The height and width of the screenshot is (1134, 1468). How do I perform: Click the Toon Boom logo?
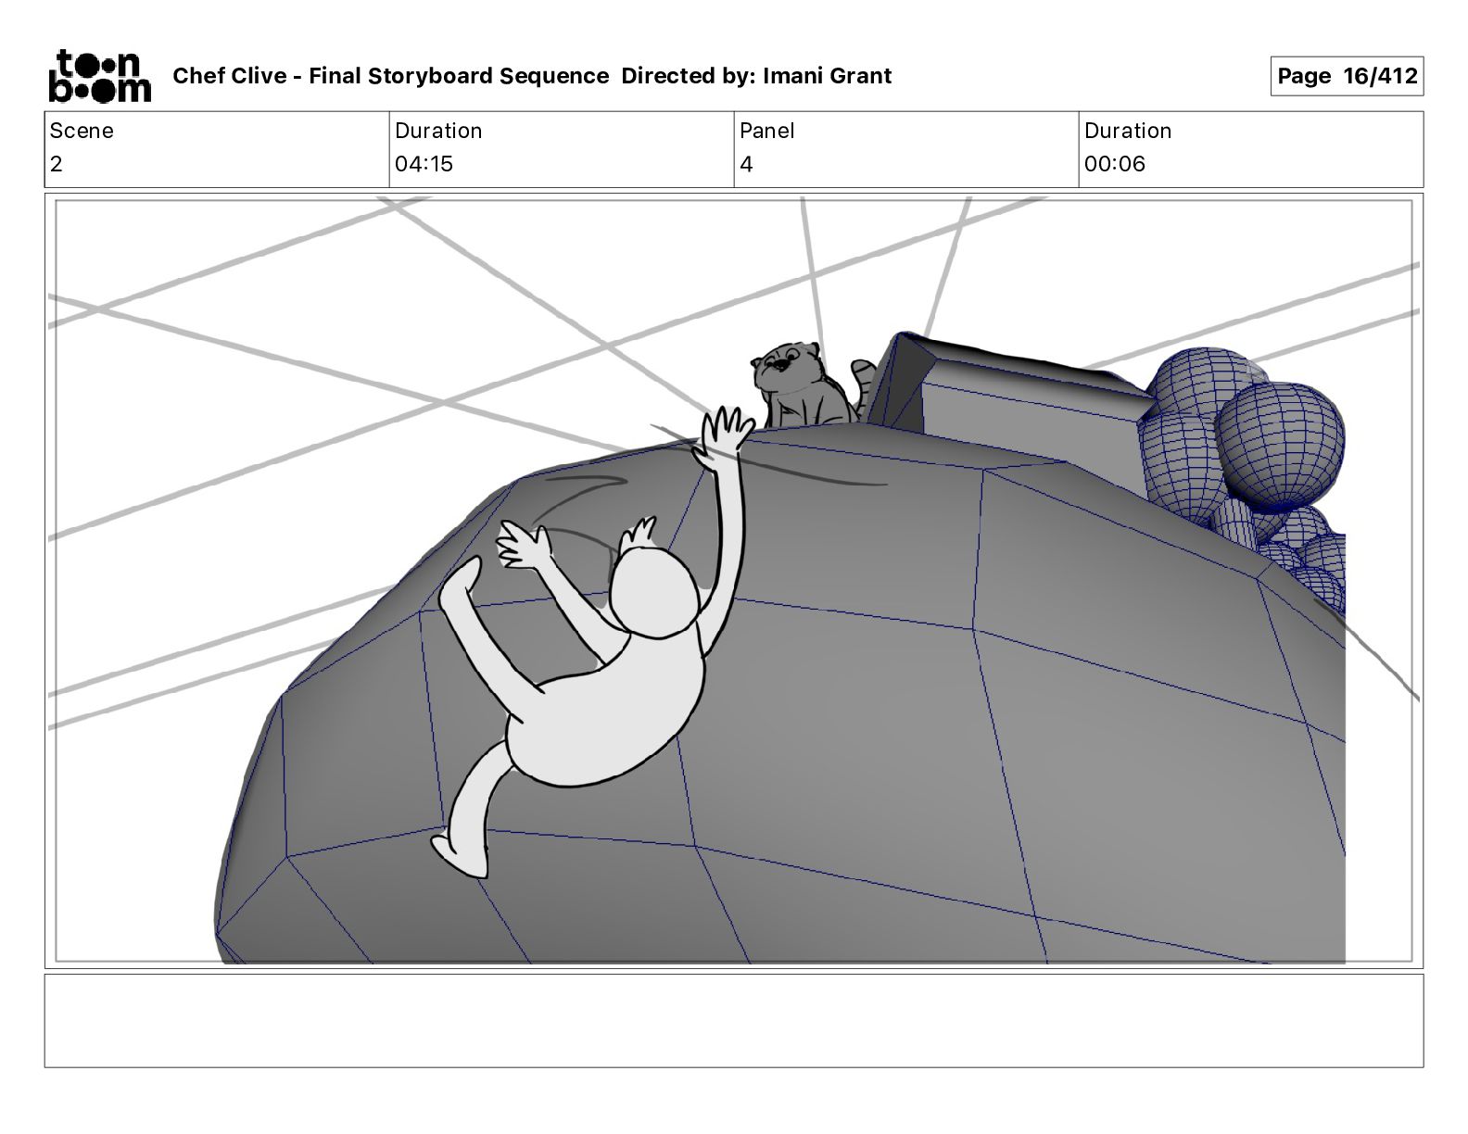pyautogui.click(x=100, y=76)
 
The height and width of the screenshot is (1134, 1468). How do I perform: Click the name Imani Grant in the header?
pyautogui.click(x=827, y=76)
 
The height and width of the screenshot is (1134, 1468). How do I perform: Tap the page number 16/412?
pyautogui.click(x=1380, y=76)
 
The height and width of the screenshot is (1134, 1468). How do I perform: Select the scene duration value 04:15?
pyautogui.click(x=424, y=163)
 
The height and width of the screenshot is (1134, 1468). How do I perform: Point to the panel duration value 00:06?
pyautogui.click(x=1115, y=163)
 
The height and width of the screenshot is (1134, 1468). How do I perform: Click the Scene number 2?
pyautogui.click(x=57, y=163)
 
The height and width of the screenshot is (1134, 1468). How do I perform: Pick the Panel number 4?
pyautogui.click(x=746, y=163)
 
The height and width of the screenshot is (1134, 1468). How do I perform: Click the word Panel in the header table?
pyautogui.click(x=766, y=131)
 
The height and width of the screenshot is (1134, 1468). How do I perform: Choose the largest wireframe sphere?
pyautogui.click(x=1279, y=445)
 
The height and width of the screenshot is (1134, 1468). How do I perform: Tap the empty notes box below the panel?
pyautogui.click(x=734, y=1020)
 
